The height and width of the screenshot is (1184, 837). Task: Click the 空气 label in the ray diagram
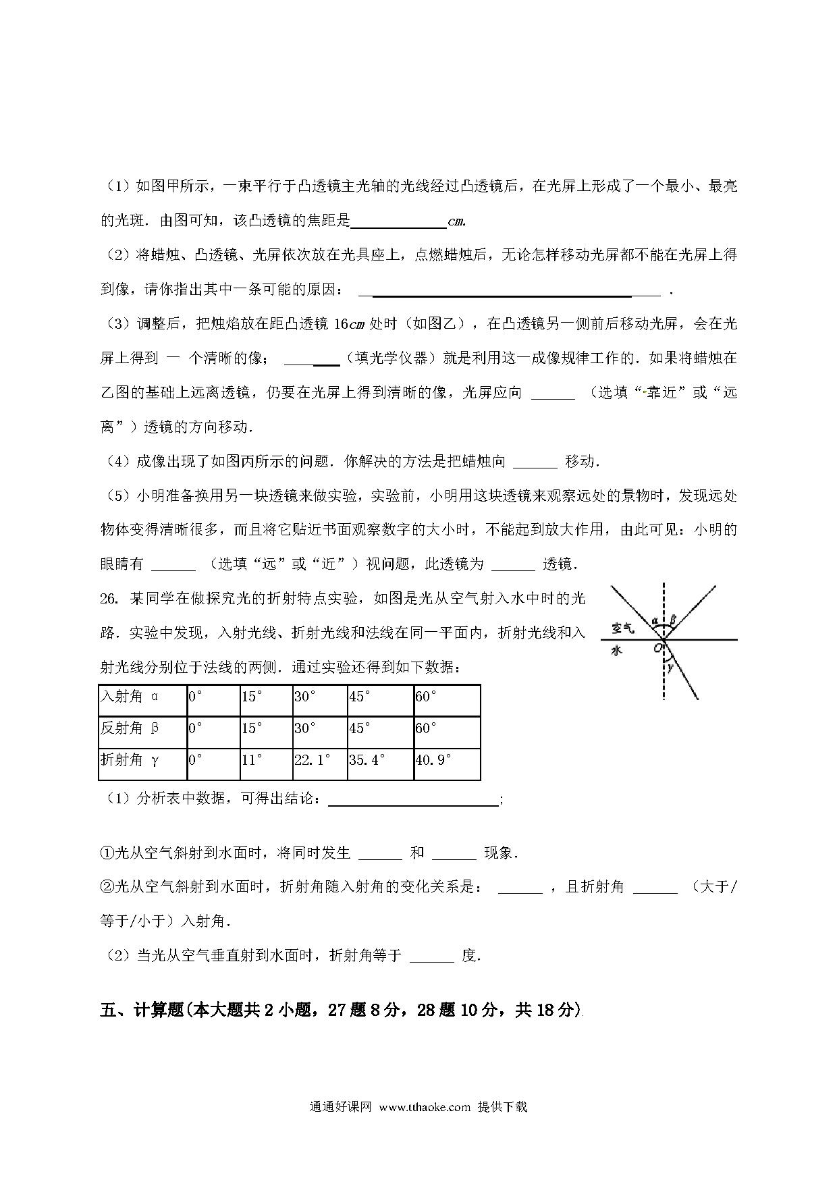click(623, 628)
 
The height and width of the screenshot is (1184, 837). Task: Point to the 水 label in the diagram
click(616, 651)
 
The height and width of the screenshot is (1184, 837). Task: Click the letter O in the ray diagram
click(657, 649)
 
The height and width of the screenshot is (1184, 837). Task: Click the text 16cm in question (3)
click(349, 324)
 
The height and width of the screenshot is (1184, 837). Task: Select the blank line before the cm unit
click(398, 221)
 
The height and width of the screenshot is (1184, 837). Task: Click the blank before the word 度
click(431, 956)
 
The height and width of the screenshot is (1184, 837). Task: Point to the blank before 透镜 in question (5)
click(514, 564)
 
